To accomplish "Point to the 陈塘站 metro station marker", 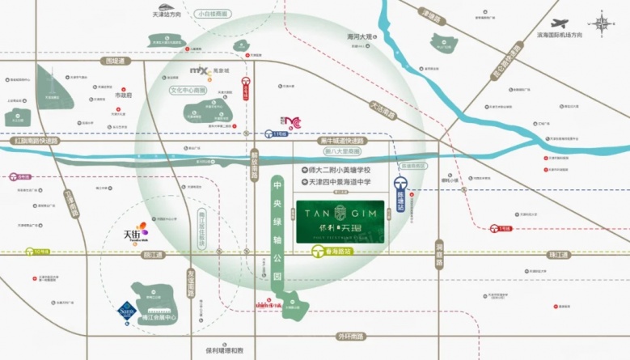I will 403,188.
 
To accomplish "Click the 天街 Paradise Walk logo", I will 134,235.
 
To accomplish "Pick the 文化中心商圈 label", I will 188,91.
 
